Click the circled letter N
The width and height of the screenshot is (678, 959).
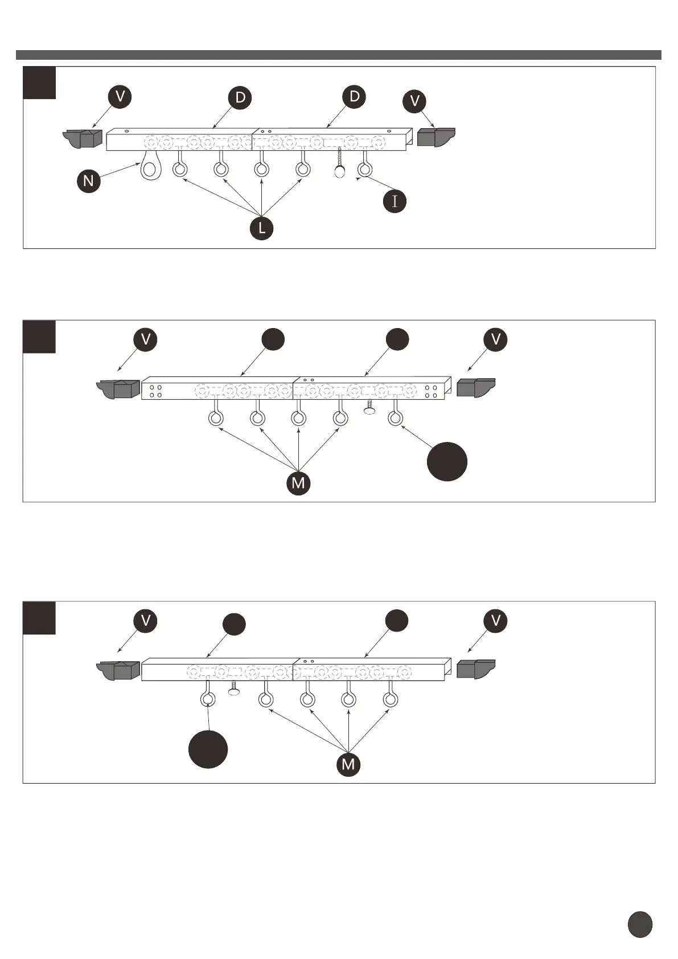click(88, 181)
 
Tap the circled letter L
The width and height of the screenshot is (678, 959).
click(261, 228)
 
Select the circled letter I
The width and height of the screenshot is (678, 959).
click(395, 201)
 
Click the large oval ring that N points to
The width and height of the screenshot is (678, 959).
click(151, 167)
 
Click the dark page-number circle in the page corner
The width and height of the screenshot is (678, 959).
click(640, 924)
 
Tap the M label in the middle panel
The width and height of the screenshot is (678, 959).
click(298, 483)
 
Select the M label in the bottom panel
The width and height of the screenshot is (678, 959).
click(348, 764)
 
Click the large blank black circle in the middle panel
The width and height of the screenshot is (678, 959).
click(447, 461)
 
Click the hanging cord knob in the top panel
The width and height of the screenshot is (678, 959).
click(339, 171)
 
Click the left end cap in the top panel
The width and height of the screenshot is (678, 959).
click(83, 138)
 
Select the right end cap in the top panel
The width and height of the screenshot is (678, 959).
click(436, 137)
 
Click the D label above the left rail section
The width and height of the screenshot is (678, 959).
click(240, 97)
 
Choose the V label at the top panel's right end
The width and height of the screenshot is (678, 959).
click(414, 101)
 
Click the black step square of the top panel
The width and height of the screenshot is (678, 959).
click(39, 83)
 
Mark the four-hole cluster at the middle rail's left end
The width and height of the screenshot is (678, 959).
click(155, 391)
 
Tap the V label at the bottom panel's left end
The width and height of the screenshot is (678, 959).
click(145, 620)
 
